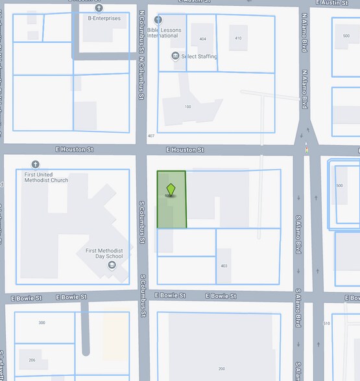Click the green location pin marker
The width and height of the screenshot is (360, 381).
(171, 190)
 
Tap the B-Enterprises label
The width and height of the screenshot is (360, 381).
(104, 18)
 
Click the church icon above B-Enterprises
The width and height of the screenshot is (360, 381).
(99, 8)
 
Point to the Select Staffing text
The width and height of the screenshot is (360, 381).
(199, 57)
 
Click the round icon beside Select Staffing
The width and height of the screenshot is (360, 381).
(175, 56)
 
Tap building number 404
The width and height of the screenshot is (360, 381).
(202, 40)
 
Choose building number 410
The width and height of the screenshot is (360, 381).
(238, 39)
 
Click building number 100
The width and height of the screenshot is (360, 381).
(187, 107)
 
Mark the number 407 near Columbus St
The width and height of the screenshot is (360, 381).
(151, 136)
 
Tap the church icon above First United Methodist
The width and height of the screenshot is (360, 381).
(35, 165)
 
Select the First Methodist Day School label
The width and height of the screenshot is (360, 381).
(104, 253)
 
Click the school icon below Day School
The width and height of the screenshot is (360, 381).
(112, 264)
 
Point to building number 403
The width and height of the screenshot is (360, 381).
(224, 266)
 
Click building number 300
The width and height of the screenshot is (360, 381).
(42, 323)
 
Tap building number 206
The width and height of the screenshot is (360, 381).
(31, 360)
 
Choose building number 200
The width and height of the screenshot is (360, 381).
(221, 368)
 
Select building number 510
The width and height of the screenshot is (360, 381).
(326, 323)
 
